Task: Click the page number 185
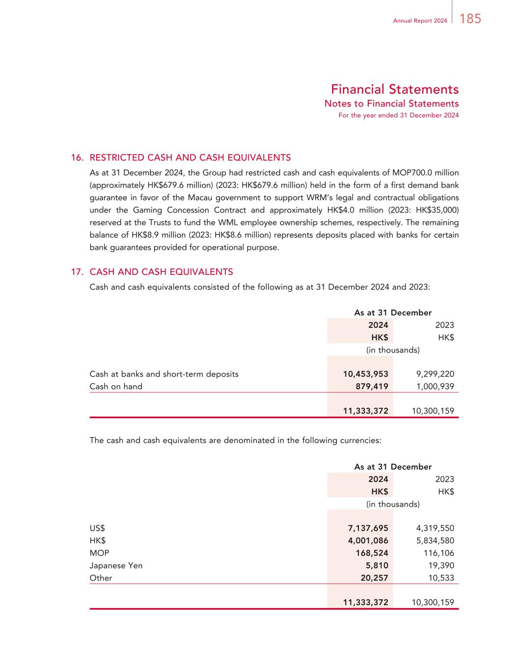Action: tap(471, 19)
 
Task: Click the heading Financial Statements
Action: tap(394, 89)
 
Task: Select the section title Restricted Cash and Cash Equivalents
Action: tap(190, 158)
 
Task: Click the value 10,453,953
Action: tap(365, 374)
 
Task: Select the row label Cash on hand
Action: tap(116, 386)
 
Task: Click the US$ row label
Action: tap(97, 528)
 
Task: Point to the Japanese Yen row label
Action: tap(116, 565)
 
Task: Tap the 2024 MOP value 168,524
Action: tap(372, 553)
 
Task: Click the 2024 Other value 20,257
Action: tap(374, 578)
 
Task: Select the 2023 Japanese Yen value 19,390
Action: tap(441, 565)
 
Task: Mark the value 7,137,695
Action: tap(368, 528)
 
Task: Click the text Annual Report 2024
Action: tap(420, 21)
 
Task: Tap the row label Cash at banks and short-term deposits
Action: tap(164, 374)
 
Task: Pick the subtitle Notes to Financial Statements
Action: tap(391, 104)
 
